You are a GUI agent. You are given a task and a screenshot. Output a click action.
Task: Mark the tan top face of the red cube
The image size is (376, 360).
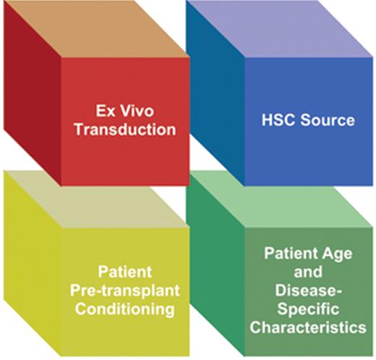tap(108, 29)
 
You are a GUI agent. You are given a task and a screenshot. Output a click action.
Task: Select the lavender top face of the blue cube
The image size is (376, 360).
tap(289, 29)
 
